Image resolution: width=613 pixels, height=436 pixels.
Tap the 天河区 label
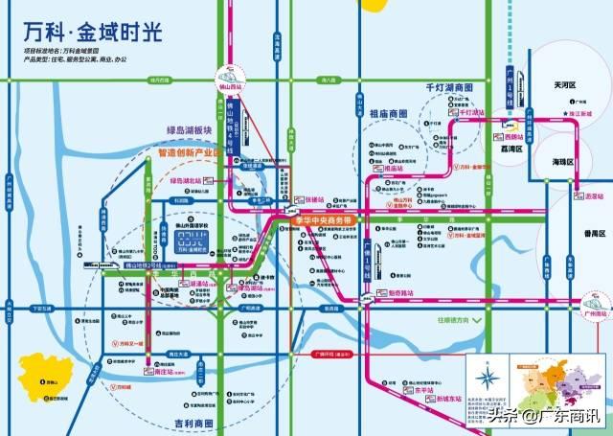(x=564, y=86)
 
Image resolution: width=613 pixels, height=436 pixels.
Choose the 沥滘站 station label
(x=582, y=195)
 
